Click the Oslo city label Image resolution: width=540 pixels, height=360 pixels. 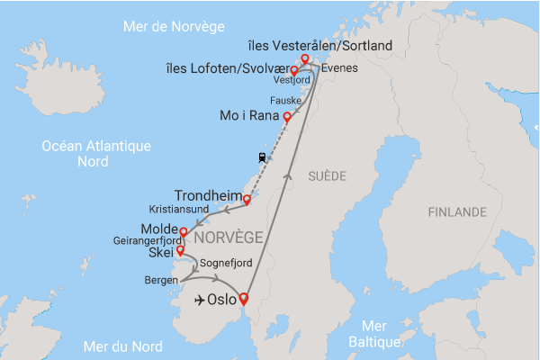[221, 301]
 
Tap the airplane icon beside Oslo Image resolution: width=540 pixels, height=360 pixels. [197, 301]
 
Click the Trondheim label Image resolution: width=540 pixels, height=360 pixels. [208, 194]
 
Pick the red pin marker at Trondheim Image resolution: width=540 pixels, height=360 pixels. [247, 200]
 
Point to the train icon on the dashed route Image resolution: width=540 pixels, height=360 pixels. [261, 157]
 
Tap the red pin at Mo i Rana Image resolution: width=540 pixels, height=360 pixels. [287, 117]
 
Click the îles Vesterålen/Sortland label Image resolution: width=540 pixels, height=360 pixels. [319, 45]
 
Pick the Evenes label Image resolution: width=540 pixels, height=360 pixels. [338, 67]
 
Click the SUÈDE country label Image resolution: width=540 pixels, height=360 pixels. [325, 175]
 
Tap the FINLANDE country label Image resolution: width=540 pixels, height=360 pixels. [457, 213]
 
